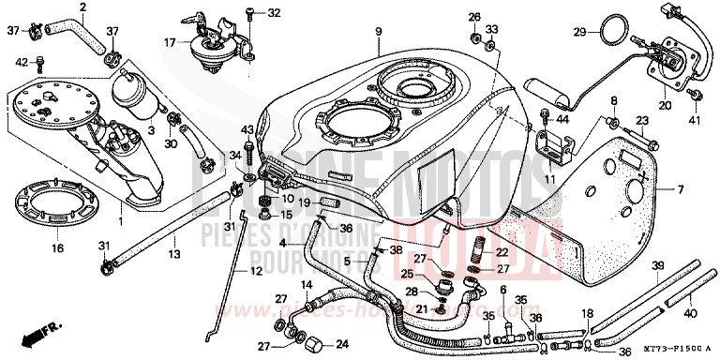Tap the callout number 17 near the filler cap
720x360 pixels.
point(170,42)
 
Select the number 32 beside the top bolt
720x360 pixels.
point(274,13)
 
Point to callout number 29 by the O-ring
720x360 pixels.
point(579,34)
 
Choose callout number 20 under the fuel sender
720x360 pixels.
point(665,107)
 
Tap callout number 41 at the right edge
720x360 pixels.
point(695,121)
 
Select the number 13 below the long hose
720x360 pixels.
point(174,254)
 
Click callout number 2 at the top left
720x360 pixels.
point(82,7)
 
